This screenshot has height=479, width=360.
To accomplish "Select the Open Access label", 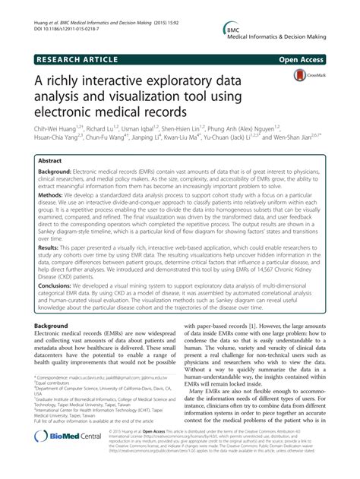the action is point(309,57).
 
